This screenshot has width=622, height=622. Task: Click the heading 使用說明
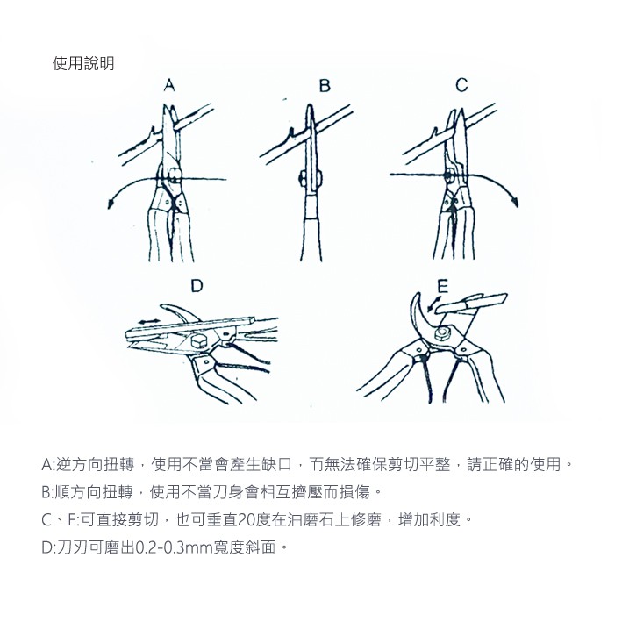[83, 63]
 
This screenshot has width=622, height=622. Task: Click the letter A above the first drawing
[169, 85]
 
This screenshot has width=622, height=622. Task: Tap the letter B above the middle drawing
[325, 85]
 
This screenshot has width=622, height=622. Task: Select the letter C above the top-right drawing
[461, 85]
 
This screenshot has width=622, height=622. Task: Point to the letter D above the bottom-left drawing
[197, 286]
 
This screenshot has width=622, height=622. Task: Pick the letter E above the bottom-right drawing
[442, 286]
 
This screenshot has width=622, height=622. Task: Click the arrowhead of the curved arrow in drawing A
[111, 203]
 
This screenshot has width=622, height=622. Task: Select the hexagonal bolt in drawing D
[197, 341]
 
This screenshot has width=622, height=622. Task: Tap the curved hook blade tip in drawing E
[418, 295]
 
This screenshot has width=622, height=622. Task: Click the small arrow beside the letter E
[433, 304]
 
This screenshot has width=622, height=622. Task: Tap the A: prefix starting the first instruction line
[49, 464]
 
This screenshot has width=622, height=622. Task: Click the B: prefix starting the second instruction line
[48, 492]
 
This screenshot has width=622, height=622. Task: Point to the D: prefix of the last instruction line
[49, 547]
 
